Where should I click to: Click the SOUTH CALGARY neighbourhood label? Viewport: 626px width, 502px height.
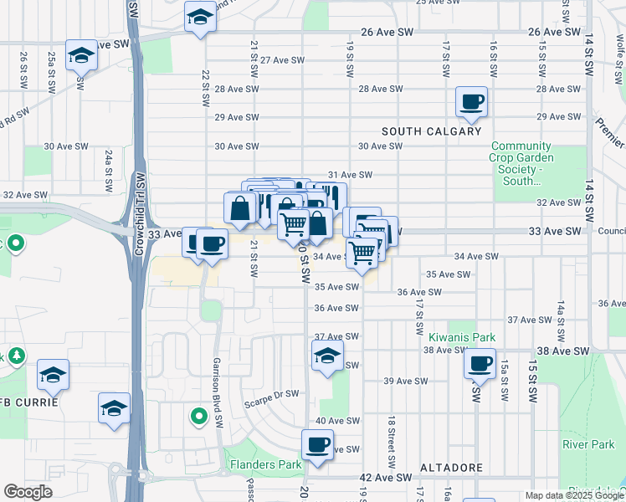[432, 131]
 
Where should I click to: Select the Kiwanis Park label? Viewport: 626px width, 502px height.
[462, 337]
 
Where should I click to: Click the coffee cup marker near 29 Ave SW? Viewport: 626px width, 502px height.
[471, 102]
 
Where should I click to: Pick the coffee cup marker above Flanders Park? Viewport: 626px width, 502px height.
[317, 444]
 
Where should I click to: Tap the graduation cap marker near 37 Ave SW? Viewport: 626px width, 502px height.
[328, 355]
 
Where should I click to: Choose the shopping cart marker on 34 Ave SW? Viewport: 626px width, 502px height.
[362, 251]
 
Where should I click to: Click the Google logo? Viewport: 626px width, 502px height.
[27, 492]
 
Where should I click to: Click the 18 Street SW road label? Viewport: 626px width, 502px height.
[391, 443]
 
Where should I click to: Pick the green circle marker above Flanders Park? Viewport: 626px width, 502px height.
[198, 415]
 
